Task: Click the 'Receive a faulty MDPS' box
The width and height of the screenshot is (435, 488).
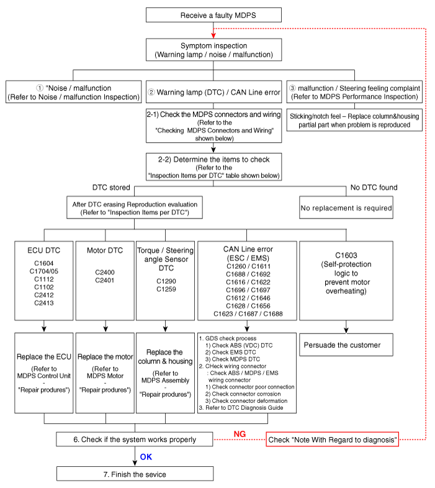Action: point(213,16)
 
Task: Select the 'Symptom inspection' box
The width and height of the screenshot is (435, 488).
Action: point(213,50)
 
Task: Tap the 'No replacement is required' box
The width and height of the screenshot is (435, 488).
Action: point(346,208)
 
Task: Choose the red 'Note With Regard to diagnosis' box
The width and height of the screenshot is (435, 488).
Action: point(332,440)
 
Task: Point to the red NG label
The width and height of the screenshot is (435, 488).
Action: point(241,433)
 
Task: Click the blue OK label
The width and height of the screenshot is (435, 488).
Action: point(146,456)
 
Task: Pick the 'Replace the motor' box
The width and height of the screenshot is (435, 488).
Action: point(105,356)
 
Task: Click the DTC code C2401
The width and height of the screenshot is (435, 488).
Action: point(105,281)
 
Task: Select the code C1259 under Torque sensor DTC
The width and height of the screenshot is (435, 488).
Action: point(166,289)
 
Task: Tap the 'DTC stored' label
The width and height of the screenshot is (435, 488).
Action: point(110,187)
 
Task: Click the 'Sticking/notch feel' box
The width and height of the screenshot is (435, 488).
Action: point(354,120)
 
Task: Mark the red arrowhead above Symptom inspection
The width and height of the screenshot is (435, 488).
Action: point(213,32)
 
